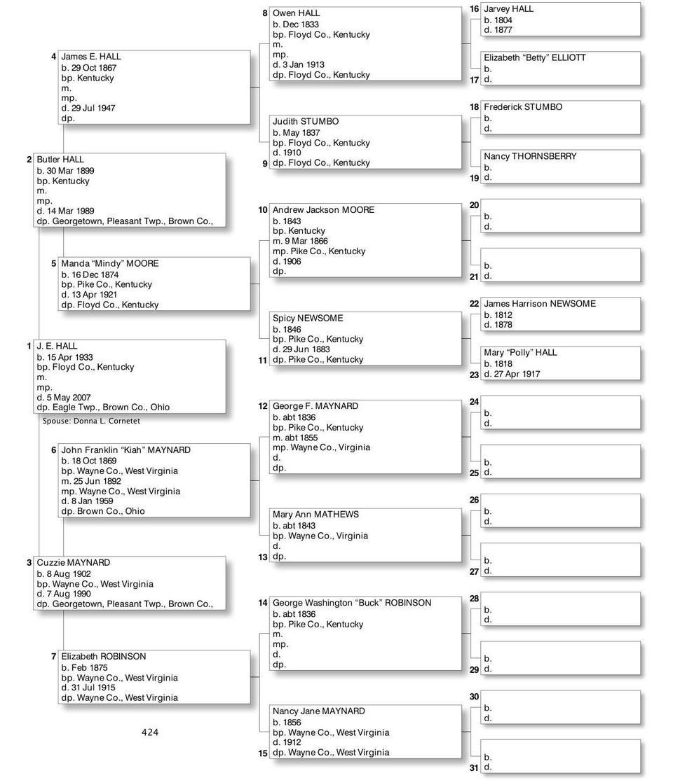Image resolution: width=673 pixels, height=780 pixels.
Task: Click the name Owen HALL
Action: click(296, 13)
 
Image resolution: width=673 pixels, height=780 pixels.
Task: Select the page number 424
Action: click(150, 732)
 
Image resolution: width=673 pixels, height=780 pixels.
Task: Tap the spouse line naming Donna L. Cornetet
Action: click(91, 422)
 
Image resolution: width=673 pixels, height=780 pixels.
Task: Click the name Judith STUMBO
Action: click(305, 122)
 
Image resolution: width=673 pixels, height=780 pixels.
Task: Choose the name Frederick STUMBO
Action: click(522, 107)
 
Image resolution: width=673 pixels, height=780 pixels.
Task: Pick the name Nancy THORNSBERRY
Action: click(529, 156)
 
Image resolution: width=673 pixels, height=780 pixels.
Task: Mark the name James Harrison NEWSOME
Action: click(539, 304)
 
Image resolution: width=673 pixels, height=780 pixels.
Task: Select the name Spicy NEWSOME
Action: click(308, 319)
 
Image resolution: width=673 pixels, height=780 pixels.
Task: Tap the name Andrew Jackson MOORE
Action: click(323, 210)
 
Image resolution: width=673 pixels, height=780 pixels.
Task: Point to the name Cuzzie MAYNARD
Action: click(73, 563)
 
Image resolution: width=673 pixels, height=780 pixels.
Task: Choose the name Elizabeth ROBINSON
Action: click(103, 657)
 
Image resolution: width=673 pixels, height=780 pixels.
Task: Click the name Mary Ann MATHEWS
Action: click(315, 515)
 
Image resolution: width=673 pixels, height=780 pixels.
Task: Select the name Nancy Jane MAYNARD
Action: click(318, 711)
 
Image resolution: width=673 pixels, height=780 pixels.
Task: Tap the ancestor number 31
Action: click(474, 768)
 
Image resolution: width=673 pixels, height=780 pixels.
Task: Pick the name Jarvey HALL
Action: click(508, 9)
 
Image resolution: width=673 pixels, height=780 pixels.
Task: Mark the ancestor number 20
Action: click(474, 205)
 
